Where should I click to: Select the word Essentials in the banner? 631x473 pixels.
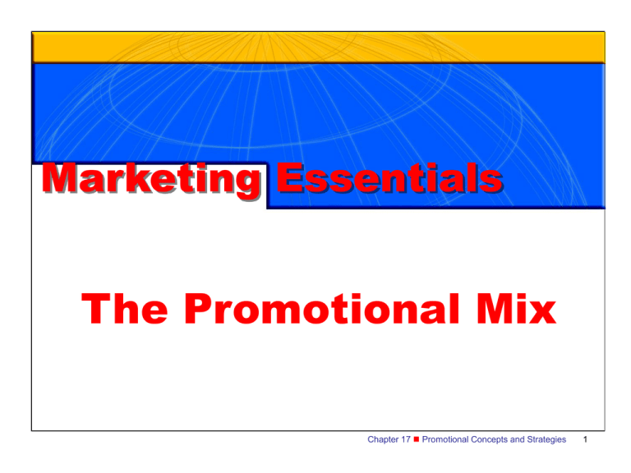click(384, 180)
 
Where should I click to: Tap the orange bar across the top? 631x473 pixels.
click(318, 48)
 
